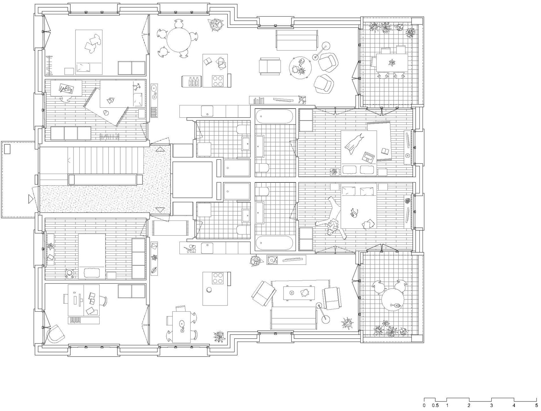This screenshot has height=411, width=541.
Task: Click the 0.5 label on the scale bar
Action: [x=435, y=406]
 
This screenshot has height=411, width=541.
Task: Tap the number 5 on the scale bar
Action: [x=537, y=406]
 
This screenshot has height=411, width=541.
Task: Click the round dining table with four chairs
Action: [x=179, y=40]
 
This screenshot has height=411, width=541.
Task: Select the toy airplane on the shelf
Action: [x=301, y=99]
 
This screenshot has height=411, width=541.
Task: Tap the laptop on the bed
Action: [x=369, y=157]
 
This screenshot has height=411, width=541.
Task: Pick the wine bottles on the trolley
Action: [x=192, y=82]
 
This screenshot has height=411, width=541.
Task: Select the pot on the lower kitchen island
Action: [x=209, y=290]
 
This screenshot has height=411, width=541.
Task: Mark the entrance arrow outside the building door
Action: [x=30, y=199]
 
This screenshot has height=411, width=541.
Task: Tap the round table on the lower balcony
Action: [x=393, y=299]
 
